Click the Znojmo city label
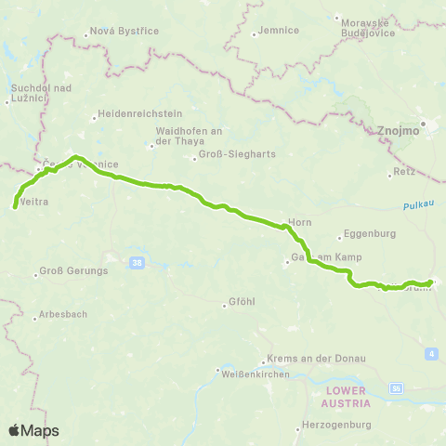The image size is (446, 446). click(x=400, y=131)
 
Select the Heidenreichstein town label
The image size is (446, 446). click(x=134, y=116)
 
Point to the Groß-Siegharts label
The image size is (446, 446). click(x=224, y=157)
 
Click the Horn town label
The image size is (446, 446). click(x=299, y=223)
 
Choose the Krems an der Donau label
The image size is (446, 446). click(x=316, y=359)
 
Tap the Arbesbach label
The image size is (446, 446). click(x=62, y=316)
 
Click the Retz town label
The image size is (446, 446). click(x=401, y=173)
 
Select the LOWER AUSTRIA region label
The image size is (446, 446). click(x=348, y=398)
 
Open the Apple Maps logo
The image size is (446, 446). click(x=33, y=430)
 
